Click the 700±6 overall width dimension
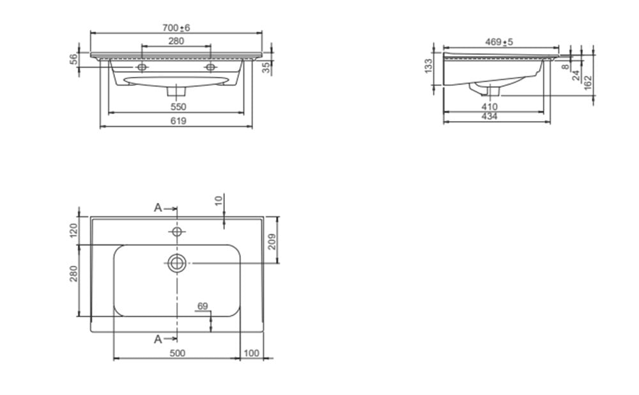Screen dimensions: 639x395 pyautogui.click(x=176, y=28)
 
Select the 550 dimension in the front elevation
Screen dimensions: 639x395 pyautogui.click(x=178, y=107)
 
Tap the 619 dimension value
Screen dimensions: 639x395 pyautogui.click(x=178, y=121)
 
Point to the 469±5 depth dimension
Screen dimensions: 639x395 pyautogui.click(x=499, y=42)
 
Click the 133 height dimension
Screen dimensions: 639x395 pyautogui.click(x=428, y=66)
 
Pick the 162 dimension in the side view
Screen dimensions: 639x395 pyautogui.click(x=588, y=83)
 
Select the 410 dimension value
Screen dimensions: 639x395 pyautogui.click(x=489, y=107)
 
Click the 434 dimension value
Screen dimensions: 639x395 pyautogui.click(x=489, y=117)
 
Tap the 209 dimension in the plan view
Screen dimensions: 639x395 pyautogui.click(x=272, y=241)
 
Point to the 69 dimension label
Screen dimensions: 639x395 pyautogui.click(x=203, y=306)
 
